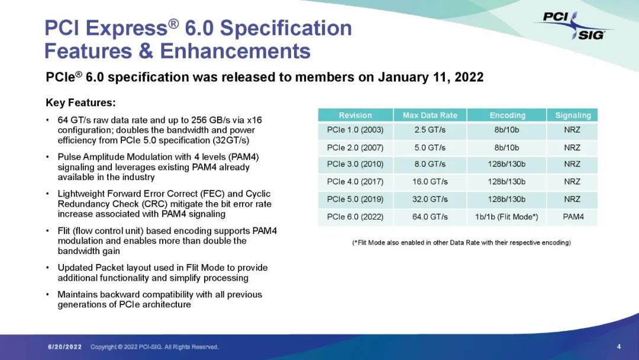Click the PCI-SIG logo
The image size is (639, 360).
[573, 26]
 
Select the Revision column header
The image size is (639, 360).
[356, 115]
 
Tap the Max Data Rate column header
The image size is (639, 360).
[430, 115]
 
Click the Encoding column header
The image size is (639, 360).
[508, 115]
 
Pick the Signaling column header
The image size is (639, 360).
[573, 115]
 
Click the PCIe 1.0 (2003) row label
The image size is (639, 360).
[355, 130]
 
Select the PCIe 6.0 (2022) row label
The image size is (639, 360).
[355, 217]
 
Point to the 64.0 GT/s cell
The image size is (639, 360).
[430, 217]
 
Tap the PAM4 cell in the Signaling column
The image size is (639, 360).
[573, 217]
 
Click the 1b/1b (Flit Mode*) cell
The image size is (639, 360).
[506, 217]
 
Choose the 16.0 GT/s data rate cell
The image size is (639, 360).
[430, 182]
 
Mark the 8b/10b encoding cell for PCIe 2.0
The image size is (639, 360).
[506, 147]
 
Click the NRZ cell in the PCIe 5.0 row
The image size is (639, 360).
[572, 200]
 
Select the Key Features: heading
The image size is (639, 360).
[80, 103]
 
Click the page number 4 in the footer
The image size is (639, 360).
[619, 346]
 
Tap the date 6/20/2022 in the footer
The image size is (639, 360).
[65, 347]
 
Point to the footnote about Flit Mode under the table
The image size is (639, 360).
[461, 243]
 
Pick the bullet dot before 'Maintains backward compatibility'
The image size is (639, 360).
[48, 294]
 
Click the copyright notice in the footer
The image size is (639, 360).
[154, 347]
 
